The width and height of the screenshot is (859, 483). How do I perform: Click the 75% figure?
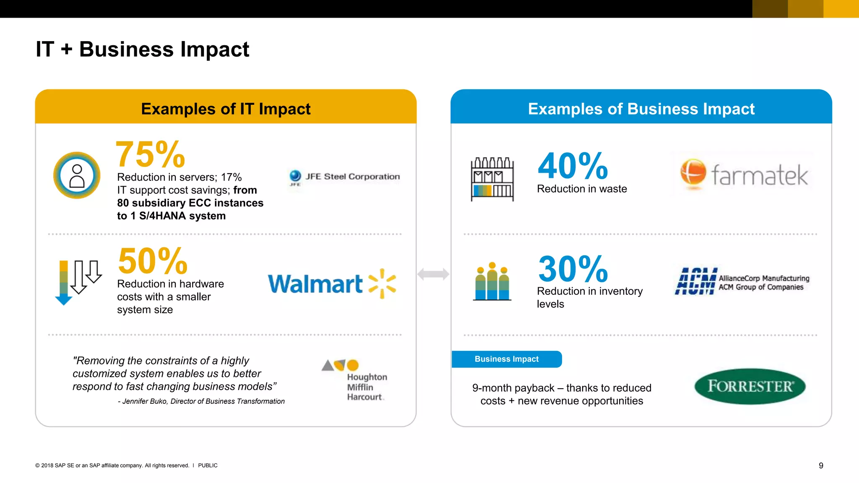150,154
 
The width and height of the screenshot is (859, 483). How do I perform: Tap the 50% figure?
153,261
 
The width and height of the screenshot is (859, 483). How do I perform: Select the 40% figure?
573,166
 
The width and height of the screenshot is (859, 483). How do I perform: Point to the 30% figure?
573,269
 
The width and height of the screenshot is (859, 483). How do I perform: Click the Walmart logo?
332,284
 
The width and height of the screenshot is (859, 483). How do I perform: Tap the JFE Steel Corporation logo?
344,177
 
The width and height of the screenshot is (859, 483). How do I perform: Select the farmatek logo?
744,174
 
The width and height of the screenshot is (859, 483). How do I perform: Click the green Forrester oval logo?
750,386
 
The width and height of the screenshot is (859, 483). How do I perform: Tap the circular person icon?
77,175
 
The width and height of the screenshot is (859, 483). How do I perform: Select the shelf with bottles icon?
492,179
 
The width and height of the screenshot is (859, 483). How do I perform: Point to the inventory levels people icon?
492,281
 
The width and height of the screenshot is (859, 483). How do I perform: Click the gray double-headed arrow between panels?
433,274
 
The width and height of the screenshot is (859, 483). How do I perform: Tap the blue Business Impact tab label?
507,359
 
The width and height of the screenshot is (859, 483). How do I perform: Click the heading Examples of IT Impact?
226,109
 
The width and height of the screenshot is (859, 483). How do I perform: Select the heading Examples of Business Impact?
641,109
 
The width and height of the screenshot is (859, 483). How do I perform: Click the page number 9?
821,465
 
